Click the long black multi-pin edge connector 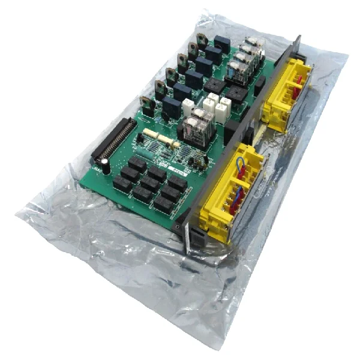click(x=113, y=140)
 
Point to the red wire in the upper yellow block click(x=296, y=90)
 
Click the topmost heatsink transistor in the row click(x=202, y=41)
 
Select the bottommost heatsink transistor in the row click(x=146, y=103)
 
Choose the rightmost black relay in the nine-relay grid click(x=178, y=183)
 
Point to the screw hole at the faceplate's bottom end click(x=178, y=229)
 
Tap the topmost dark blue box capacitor click(x=221, y=42)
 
